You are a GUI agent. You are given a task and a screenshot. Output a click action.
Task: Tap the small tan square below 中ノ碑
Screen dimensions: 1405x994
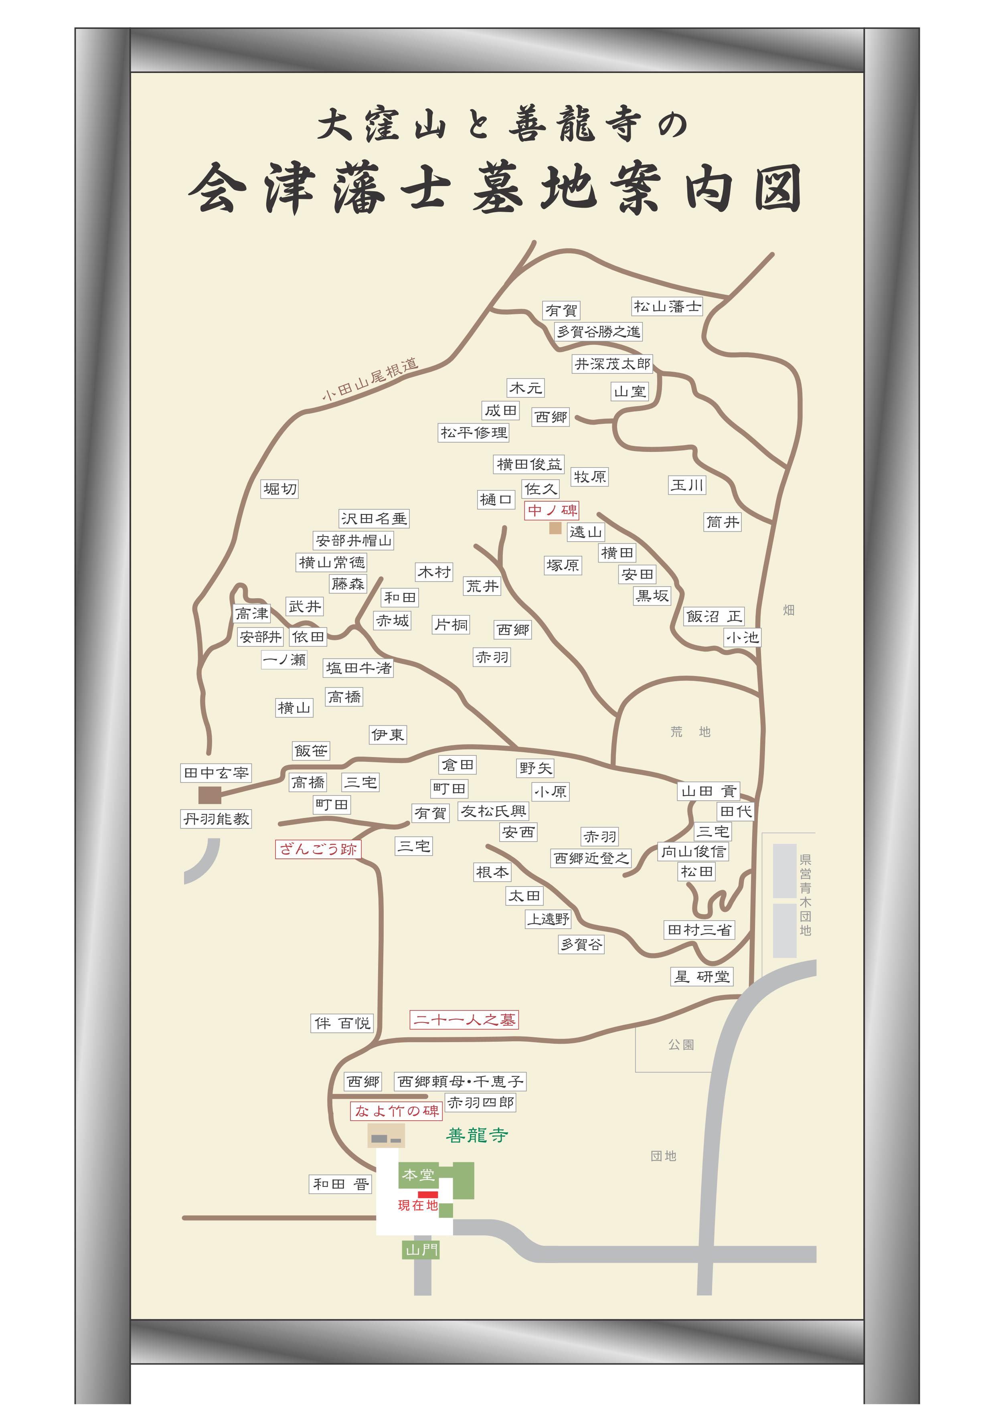coord(555,528)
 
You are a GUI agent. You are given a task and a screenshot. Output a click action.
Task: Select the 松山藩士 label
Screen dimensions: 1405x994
coord(666,306)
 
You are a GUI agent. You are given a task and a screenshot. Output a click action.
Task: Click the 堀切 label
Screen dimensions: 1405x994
coord(280,489)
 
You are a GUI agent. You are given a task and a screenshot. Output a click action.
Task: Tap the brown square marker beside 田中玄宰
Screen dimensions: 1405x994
coord(209,796)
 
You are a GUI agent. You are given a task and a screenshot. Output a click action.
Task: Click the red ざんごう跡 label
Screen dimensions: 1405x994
coord(318,849)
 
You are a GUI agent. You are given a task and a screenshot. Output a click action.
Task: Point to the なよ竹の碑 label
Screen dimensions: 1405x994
coord(397,1111)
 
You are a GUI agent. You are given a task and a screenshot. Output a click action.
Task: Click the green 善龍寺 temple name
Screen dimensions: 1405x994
coord(477,1136)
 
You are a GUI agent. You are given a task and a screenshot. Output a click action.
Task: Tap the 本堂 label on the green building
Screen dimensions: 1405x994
coord(419,1175)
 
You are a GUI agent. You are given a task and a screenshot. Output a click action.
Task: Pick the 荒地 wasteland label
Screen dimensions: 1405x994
coord(690,732)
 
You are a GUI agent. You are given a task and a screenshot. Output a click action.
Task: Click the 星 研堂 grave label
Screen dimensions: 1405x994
coord(702,977)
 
